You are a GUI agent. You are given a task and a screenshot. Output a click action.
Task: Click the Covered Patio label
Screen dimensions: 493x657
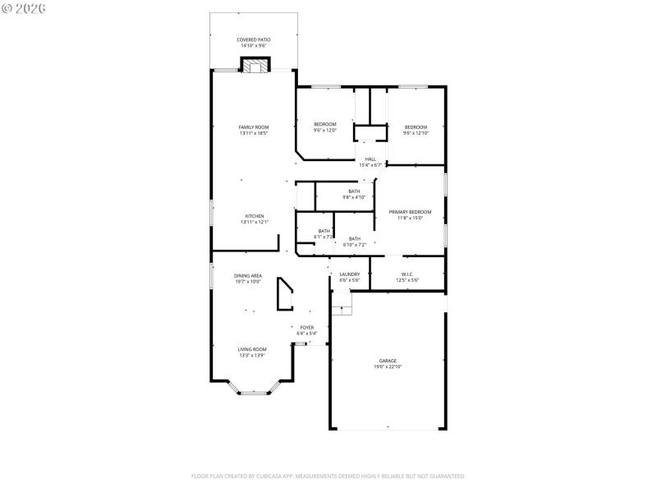pos(254,39)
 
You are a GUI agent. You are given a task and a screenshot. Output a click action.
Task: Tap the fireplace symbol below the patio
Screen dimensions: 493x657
pos(255,66)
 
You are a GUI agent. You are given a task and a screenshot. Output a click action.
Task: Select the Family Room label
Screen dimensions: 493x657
pos(254,127)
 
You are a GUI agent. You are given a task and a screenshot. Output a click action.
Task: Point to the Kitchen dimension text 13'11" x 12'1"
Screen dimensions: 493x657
pos(254,222)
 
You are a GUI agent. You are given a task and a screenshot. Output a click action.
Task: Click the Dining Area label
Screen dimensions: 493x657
pos(248,276)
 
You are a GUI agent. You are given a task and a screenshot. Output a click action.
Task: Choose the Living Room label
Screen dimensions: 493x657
pos(252,349)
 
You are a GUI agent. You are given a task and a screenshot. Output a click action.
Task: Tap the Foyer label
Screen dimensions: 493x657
pos(307,328)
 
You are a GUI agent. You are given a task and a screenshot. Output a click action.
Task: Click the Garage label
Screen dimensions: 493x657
pos(388,361)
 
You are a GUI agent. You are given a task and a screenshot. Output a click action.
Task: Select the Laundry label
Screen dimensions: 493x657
pos(350,274)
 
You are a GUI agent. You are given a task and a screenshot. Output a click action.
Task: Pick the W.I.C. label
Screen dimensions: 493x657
pos(408,274)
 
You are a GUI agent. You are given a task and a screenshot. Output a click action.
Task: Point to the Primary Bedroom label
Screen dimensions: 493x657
pos(410,213)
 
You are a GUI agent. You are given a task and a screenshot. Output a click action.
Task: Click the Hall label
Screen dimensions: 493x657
pos(370,159)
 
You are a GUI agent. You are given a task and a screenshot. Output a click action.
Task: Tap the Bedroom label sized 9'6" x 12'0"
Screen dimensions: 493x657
pos(325,124)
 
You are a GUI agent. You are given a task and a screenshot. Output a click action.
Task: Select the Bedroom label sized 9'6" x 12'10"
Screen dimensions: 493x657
pos(416,127)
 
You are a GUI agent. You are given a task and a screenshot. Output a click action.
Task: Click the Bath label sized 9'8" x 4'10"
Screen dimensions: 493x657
pos(354,191)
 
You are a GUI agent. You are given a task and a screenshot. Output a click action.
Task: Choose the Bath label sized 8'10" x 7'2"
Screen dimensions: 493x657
pos(355,239)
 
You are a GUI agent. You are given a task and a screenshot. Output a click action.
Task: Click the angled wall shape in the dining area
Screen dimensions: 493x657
pos(285,294)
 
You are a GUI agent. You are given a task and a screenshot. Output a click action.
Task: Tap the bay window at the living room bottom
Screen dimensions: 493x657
pos(253,391)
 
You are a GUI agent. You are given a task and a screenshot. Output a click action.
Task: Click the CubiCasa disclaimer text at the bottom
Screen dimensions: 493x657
pos(328,476)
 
